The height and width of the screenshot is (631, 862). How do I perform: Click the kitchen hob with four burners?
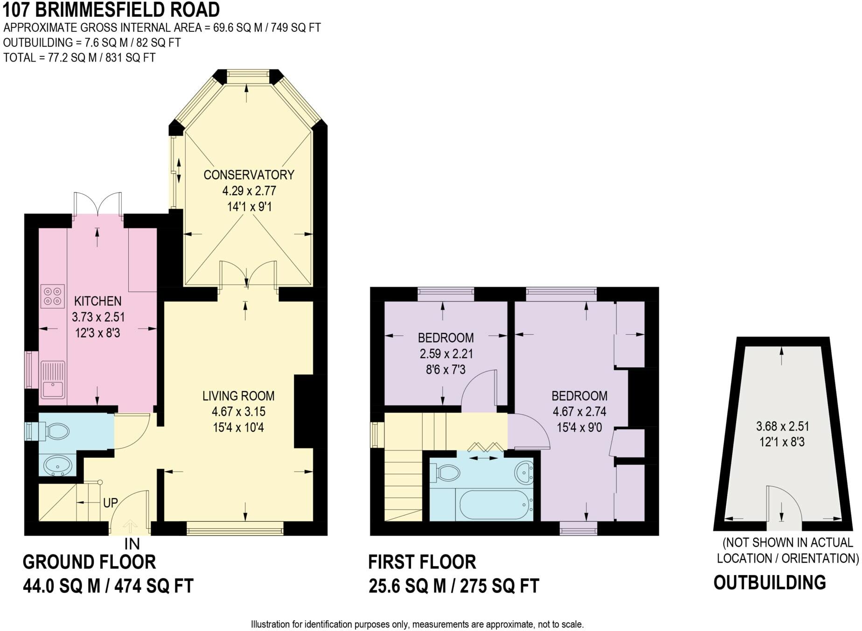click(53, 296)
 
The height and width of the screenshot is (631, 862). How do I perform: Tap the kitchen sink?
click(53, 380)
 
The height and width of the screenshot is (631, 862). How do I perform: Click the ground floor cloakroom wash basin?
click(58, 465)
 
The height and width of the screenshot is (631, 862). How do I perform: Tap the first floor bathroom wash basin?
click(524, 472)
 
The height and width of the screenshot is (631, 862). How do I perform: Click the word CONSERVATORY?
click(249, 175)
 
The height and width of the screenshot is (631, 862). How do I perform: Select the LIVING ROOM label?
click(238, 396)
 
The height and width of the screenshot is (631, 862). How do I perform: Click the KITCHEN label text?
click(98, 301)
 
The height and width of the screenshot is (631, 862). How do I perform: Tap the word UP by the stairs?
click(111, 503)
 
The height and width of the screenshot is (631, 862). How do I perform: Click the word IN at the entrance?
click(132, 544)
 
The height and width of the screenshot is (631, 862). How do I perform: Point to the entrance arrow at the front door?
click(130, 527)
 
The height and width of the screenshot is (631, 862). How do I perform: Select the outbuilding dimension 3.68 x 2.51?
click(783, 426)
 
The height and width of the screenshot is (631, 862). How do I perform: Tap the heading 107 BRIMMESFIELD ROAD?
click(111, 10)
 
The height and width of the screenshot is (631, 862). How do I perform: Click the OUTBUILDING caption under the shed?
click(770, 583)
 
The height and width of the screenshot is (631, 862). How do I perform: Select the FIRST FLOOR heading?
click(422, 562)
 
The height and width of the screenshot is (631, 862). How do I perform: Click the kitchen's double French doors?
click(98, 204)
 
